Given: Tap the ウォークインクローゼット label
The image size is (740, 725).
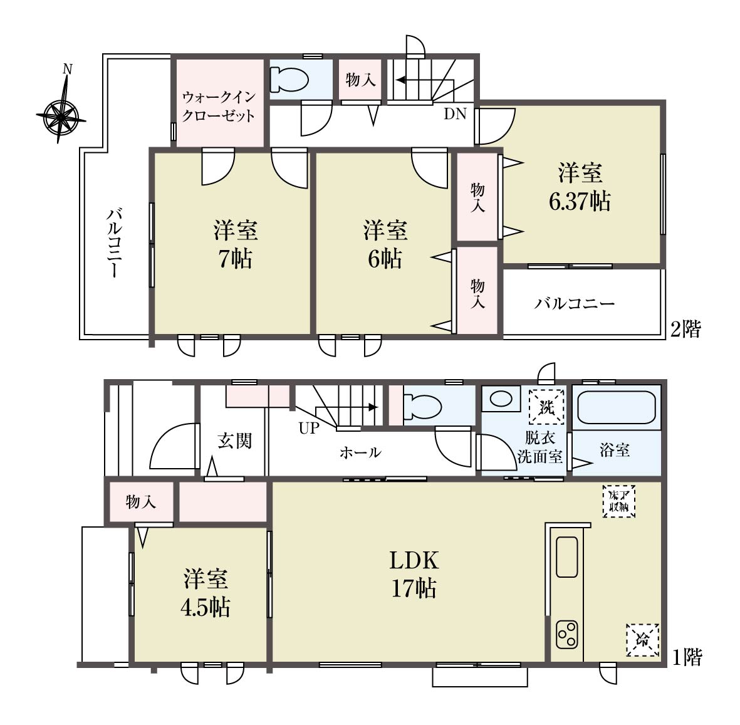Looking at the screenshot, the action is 219,106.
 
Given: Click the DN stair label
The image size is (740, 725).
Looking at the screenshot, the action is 455,114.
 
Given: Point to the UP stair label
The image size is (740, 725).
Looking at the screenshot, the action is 309,428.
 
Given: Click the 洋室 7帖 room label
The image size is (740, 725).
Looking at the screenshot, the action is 236,244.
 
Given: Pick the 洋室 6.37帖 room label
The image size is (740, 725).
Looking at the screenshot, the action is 580,187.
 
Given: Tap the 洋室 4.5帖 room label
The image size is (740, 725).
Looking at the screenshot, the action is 206,593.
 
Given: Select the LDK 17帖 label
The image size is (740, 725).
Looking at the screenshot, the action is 414,575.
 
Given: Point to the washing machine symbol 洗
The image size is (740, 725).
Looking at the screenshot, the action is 546,407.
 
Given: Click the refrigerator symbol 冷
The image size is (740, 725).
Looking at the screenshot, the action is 642,640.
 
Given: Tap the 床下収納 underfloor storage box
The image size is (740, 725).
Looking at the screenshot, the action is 619,501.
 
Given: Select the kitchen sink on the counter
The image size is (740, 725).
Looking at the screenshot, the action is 567,557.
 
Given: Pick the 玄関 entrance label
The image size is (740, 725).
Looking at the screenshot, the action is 234,441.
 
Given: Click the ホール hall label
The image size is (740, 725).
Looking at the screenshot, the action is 360,452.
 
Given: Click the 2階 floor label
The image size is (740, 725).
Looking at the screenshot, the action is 686,328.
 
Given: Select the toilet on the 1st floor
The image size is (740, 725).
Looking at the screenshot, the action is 422,407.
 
